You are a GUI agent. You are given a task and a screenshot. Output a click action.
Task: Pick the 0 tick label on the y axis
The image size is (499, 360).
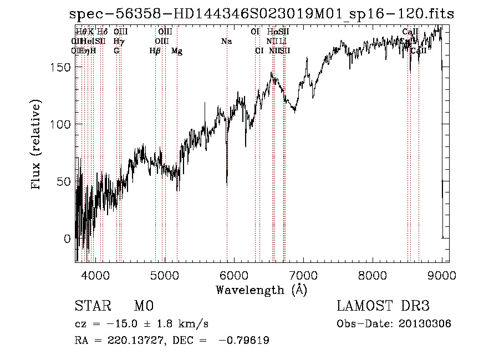coord(68,239)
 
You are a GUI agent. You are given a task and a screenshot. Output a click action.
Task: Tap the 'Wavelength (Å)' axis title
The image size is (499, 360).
coord(261,290)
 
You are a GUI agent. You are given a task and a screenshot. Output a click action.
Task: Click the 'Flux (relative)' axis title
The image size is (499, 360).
coord(37,146)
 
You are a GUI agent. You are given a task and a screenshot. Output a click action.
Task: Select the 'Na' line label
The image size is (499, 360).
coord(226,41)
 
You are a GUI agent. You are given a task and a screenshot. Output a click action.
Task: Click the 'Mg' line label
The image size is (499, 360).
coord(177,50)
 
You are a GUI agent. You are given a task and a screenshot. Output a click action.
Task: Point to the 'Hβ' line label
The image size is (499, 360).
coord(155,50)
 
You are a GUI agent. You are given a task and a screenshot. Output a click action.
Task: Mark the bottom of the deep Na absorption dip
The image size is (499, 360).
coord(227,184)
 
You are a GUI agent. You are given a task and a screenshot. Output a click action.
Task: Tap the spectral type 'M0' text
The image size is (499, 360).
coord(143,306)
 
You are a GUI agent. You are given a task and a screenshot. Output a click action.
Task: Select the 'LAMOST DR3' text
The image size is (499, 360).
coord(383,306)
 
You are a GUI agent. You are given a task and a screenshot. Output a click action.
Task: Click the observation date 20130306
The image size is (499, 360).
coord(425,323)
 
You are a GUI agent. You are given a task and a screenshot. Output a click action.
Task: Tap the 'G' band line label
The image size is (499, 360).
coord(116,50)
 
